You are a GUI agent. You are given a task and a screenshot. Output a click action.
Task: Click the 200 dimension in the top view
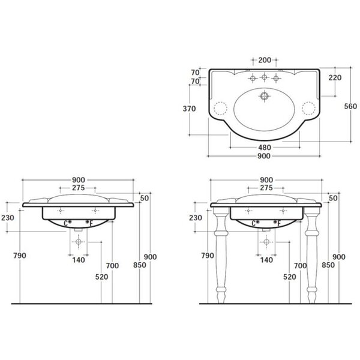click(x=265, y=60)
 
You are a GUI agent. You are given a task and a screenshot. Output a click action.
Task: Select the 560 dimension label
click(x=350, y=106)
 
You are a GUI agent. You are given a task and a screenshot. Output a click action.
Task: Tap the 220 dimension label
click(x=335, y=77)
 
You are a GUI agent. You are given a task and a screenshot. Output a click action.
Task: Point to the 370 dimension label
click(x=189, y=109)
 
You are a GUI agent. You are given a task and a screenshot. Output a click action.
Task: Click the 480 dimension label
click(x=265, y=148)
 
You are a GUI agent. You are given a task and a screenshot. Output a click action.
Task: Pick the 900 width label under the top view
click(x=264, y=156)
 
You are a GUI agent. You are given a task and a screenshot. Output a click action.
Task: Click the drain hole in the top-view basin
click(x=265, y=95)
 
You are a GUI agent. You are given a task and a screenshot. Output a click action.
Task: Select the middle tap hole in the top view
click(x=264, y=77)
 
